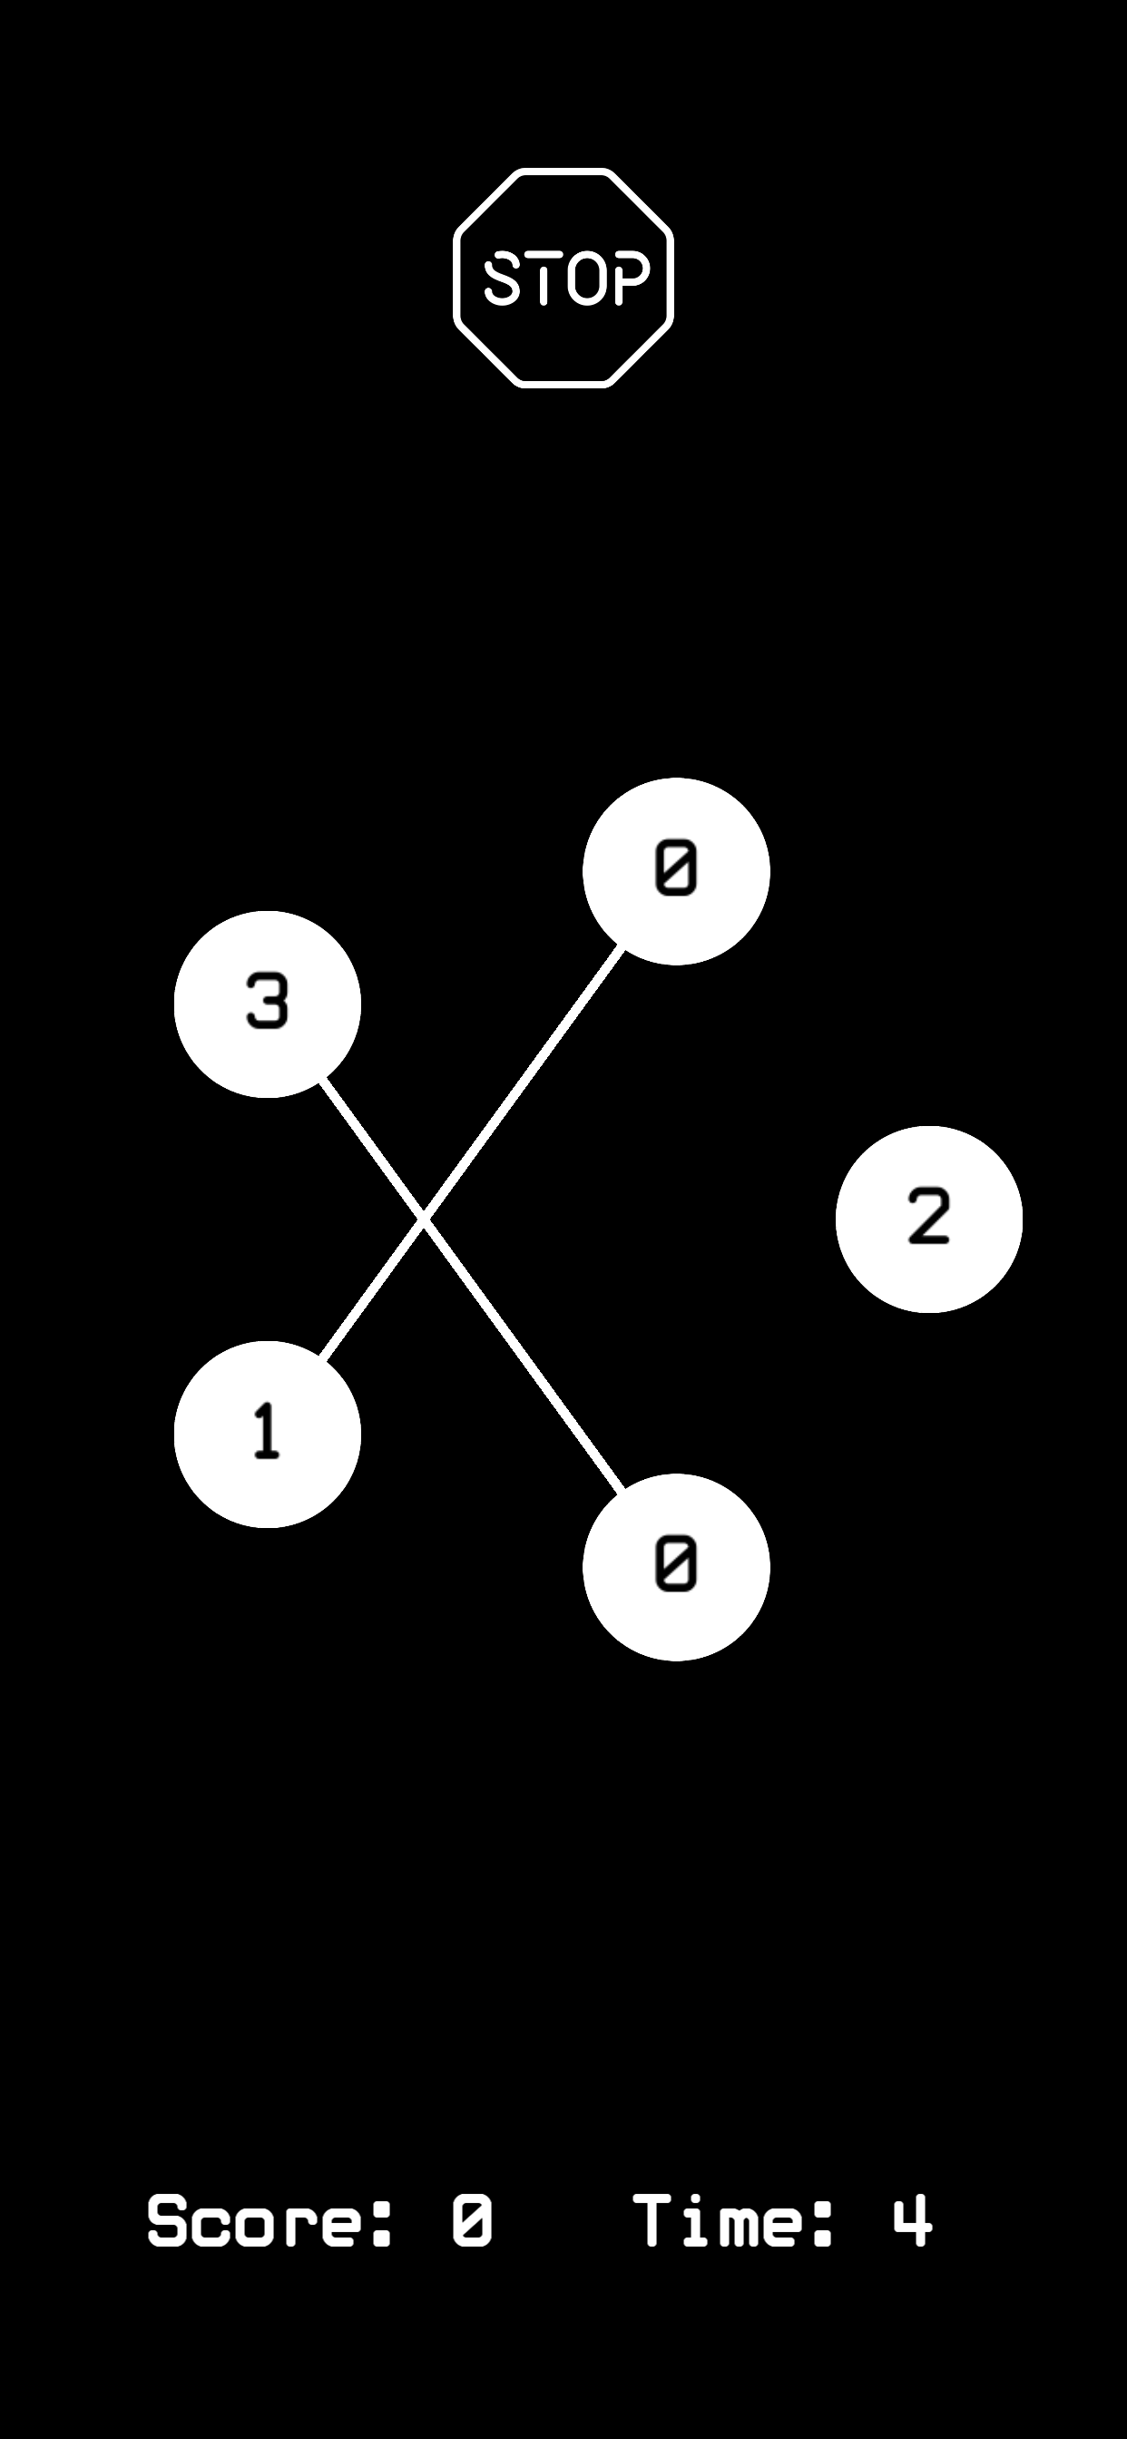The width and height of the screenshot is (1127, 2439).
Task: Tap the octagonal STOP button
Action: click(563, 278)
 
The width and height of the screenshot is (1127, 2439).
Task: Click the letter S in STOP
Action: click(502, 279)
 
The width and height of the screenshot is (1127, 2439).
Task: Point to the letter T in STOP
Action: click(544, 279)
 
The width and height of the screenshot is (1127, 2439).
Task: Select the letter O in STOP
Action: click(587, 279)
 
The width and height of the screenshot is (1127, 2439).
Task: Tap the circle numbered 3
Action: click(267, 1004)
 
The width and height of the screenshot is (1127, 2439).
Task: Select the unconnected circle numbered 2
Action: click(929, 1219)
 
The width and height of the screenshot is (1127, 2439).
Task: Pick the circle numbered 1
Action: click(267, 1434)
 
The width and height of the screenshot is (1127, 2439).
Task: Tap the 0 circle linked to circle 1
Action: click(676, 871)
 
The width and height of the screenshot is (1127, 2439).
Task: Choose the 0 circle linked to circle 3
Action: click(676, 1567)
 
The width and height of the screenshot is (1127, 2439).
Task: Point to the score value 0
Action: click(472, 2220)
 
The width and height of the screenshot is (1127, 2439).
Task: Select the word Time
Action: click(719, 2220)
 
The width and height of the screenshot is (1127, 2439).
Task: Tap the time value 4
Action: click(912, 2220)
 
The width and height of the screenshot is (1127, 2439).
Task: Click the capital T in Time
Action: click(652, 2220)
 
